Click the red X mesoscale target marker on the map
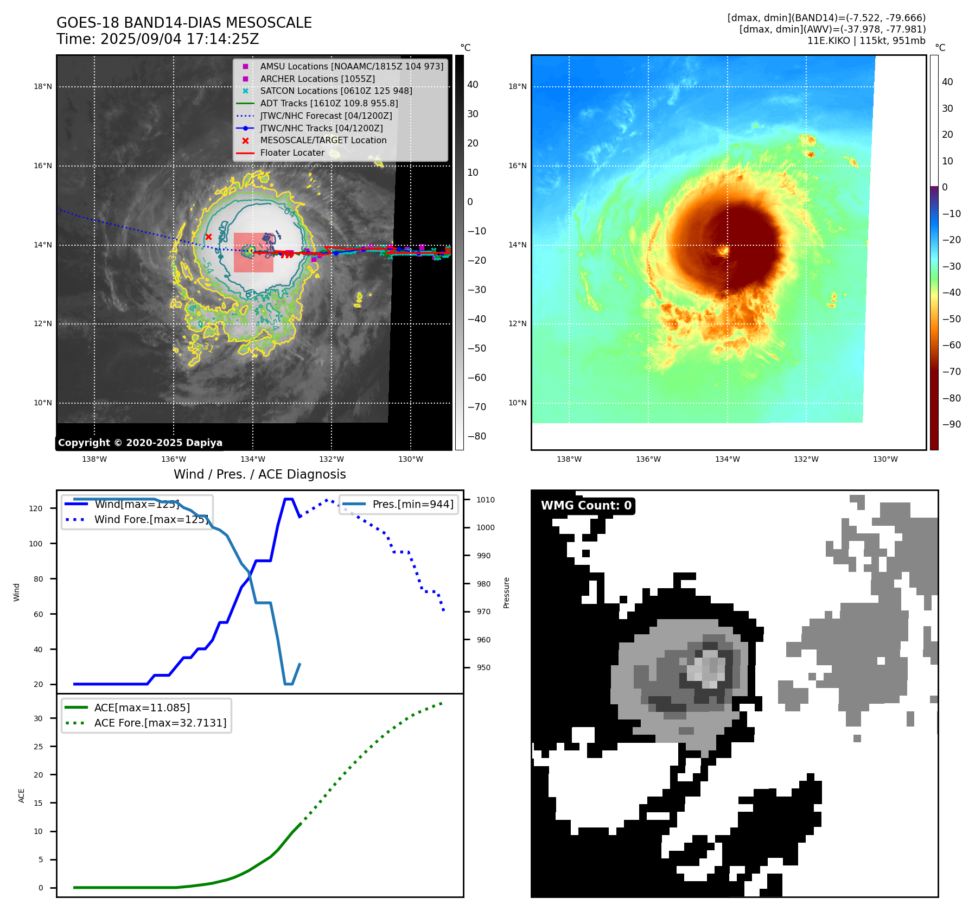(208, 237)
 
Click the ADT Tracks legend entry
(329, 103)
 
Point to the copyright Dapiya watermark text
(140, 443)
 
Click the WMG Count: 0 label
(586, 506)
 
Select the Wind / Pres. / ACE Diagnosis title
(259, 474)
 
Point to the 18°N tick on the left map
(43, 87)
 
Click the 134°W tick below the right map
(727, 460)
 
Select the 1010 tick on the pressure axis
(486, 500)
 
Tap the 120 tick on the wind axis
(36, 508)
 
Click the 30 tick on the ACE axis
(38, 718)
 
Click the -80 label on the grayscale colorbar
(477, 436)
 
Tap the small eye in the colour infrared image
(723, 251)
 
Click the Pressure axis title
(506, 593)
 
